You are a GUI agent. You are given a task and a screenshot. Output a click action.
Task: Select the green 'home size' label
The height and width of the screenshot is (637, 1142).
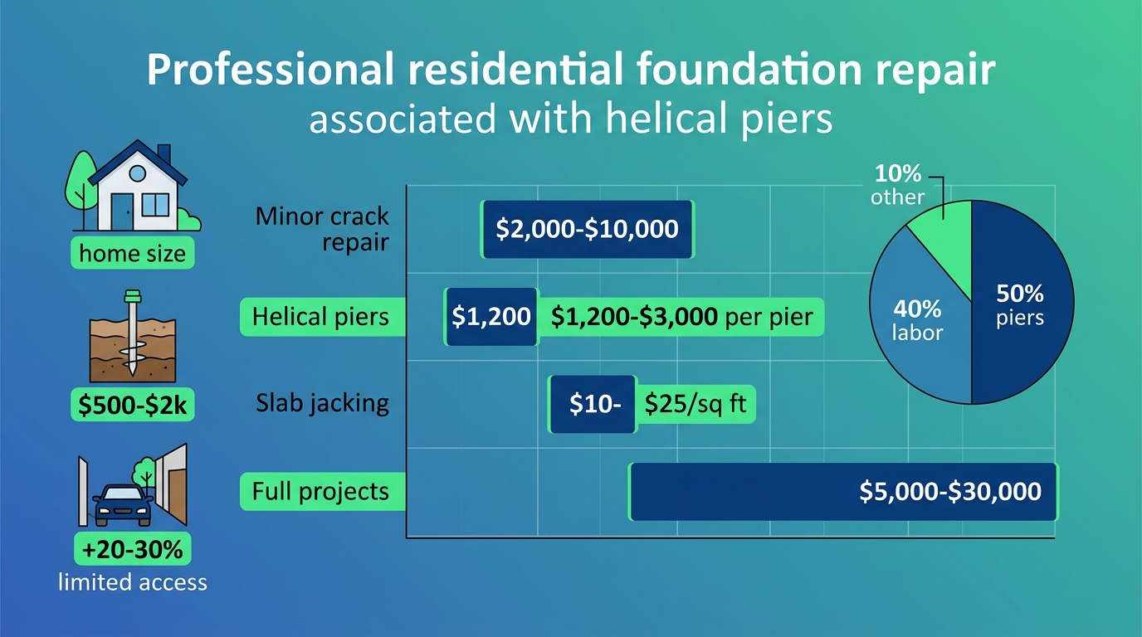point(133,253)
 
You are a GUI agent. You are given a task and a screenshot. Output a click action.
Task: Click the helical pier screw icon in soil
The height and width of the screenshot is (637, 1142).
point(130,332)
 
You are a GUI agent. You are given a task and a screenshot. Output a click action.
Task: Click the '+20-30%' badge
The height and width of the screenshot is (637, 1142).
point(133,548)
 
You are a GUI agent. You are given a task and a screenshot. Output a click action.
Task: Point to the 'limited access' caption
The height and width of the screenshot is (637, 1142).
point(133,581)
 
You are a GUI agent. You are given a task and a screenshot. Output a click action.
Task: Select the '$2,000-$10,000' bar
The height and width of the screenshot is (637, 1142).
point(587,229)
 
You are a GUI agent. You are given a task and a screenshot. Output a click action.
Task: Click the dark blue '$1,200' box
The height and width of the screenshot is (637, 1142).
point(491,317)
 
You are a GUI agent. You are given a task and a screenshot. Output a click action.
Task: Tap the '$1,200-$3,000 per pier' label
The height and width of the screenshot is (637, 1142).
point(681,317)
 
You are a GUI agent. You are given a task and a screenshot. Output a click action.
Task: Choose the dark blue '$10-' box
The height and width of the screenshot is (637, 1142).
point(591,403)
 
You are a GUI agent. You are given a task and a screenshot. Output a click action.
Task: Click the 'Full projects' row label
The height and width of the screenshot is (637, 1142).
point(320,491)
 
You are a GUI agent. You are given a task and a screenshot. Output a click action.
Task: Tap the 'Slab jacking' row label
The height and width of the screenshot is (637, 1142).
point(322,403)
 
